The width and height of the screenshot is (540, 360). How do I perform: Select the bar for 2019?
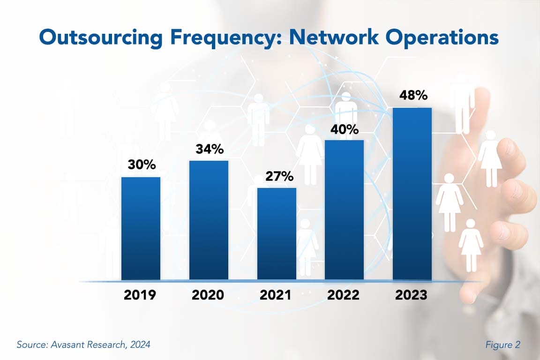(x=141, y=228)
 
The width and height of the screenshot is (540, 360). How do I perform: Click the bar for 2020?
(x=209, y=220)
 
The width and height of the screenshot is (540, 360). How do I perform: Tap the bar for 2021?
(x=277, y=234)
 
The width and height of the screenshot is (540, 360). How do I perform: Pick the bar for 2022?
(x=345, y=210)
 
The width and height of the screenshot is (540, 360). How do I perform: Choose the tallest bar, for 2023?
(x=412, y=194)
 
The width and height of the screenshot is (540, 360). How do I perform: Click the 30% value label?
(x=141, y=165)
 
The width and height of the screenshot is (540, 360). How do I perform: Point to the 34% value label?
(x=209, y=150)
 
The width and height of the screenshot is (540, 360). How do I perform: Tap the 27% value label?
(x=277, y=177)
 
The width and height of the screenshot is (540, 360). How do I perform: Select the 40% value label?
(x=345, y=129)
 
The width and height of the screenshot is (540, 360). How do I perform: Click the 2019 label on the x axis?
(x=141, y=295)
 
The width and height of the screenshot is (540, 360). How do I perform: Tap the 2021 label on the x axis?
(x=275, y=295)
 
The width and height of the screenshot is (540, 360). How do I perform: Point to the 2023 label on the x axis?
(x=411, y=295)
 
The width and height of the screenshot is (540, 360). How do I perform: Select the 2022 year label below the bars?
(x=343, y=295)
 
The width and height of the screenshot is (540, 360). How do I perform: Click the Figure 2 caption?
(x=502, y=345)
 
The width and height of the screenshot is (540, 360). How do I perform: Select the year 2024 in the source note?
(x=141, y=345)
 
